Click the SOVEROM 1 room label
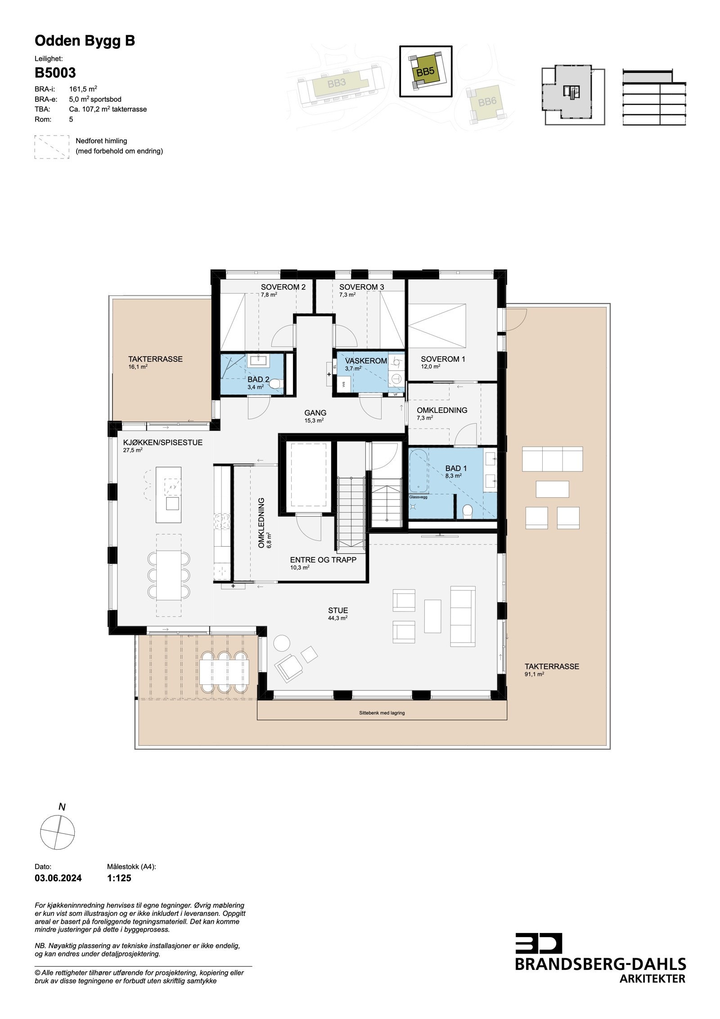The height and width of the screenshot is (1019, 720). click(443, 359)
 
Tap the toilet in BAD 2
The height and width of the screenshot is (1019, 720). click(276, 383)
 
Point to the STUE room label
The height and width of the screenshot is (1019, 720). click(337, 611)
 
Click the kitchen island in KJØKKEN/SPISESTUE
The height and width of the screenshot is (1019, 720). click(168, 494)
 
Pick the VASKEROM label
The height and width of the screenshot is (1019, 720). click(366, 361)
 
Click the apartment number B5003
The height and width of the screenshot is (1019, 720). click(55, 73)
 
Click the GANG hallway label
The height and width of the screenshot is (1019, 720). click(315, 412)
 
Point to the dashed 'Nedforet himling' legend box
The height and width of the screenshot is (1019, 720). click(52, 146)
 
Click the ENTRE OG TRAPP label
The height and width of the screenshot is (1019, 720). click(323, 560)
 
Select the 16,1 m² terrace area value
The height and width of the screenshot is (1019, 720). click(138, 367)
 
